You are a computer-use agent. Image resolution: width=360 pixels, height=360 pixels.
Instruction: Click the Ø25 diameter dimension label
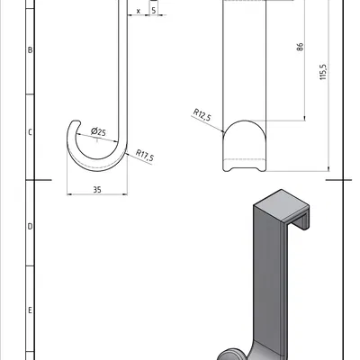[x=98, y=132]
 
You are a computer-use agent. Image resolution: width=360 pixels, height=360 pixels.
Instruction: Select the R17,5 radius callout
[x=145, y=157]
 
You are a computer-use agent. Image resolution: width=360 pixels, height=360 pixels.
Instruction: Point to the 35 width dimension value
[x=96, y=189]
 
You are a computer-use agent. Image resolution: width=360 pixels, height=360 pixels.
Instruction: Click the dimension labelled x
[x=137, y=11]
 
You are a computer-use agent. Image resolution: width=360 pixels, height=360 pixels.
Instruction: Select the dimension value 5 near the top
[x=154, y=10]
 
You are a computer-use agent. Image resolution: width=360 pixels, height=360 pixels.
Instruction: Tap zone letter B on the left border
[x=31, y=50]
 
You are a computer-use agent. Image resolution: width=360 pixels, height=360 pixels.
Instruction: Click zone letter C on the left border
[x=31, y=131]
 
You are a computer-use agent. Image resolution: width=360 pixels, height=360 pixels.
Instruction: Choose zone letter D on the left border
[x=31, y=227]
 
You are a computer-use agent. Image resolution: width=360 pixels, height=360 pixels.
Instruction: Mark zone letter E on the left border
[x=31, y=310]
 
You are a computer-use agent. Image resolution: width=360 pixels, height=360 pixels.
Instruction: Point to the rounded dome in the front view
[x=244, y=130]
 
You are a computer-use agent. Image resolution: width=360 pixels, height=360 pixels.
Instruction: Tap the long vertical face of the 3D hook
[x=265, y=279]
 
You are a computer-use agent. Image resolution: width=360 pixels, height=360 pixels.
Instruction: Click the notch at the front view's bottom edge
[x=244, y=166]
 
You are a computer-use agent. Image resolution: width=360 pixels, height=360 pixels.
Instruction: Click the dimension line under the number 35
[x=96, y=194]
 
